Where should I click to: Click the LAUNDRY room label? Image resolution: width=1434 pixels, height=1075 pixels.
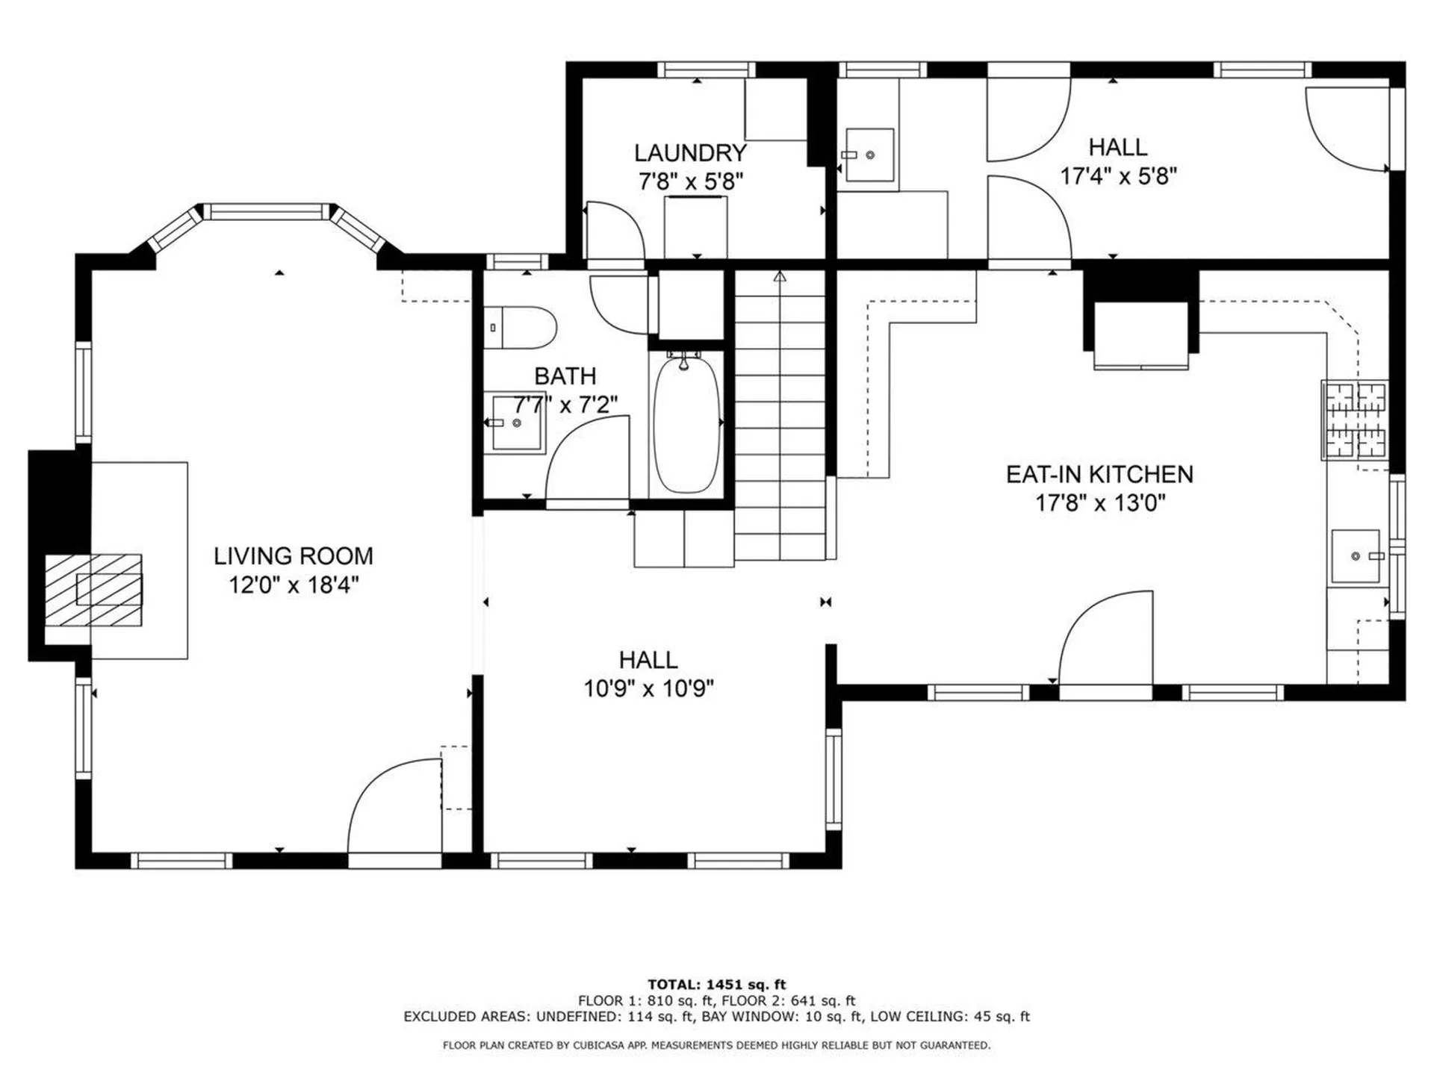(690, 153)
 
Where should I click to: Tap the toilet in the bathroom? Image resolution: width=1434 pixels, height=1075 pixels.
(520, 328)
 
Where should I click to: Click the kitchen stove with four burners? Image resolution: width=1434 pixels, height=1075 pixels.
(1355, 420)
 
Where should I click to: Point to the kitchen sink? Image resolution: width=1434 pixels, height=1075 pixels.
(1356, 556)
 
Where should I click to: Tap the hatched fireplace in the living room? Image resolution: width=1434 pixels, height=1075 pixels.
(93, 590)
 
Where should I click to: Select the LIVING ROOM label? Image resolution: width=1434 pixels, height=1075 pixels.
(294, 556)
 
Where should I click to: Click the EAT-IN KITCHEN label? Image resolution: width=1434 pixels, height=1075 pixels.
(1099, 474)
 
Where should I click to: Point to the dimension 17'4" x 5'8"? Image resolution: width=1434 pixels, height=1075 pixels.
(1119, 176)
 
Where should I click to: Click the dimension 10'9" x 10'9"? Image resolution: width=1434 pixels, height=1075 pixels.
(648, 688)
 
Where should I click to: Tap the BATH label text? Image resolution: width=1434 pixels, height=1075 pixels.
(565, 376)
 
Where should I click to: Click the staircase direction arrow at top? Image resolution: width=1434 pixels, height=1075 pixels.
(780, 276)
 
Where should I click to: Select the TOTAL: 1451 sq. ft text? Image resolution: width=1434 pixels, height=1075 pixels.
(717, 985)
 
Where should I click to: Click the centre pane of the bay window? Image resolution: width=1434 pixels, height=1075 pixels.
(267, 211)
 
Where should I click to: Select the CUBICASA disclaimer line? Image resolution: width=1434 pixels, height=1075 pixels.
(717, 1045)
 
